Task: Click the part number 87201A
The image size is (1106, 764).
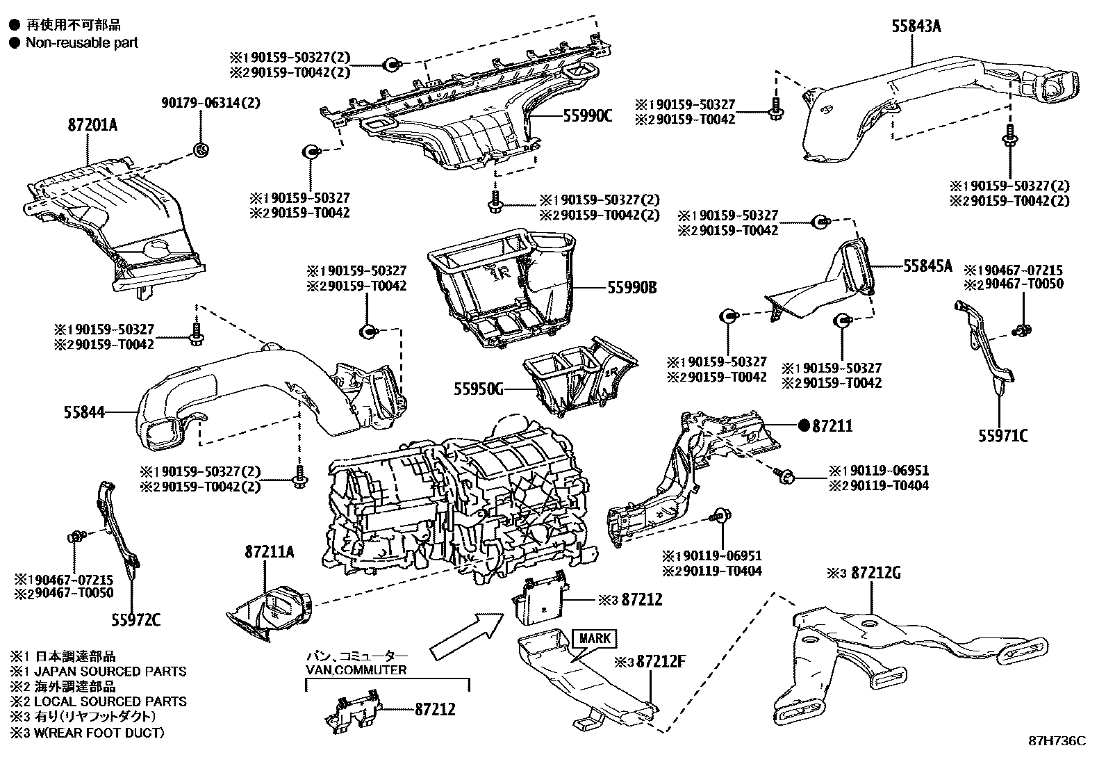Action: (x=93, y=125)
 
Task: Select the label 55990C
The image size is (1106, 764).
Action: (x=588, y=115)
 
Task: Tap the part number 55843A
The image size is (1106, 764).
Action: (x=916, y=26)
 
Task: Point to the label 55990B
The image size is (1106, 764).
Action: (x=632, y=287)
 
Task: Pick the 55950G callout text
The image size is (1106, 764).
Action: (x=479, y=389)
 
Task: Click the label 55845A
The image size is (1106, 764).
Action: (x=927, y=266)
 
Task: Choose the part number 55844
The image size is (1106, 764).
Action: (x=84, y=412)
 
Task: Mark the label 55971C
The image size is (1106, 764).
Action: (x=1003, y=436)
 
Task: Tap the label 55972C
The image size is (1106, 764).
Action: (x=135, y=619)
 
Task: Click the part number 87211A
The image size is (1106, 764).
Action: (x=269, y=552)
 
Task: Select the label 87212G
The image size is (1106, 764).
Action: (x=877, y=573)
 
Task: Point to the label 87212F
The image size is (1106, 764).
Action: (x=661, y=661)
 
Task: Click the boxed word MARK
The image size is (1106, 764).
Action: (x=595, y=638)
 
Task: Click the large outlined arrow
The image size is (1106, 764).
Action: (x=467, y=637)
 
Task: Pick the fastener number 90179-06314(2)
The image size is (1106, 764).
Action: (x=211, y=103)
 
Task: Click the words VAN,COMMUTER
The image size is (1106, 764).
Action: (x=356, y=670)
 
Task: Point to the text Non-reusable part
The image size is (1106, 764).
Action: (x=82, y=43)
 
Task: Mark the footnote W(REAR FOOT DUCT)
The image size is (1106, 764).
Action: (x=99, y=733)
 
